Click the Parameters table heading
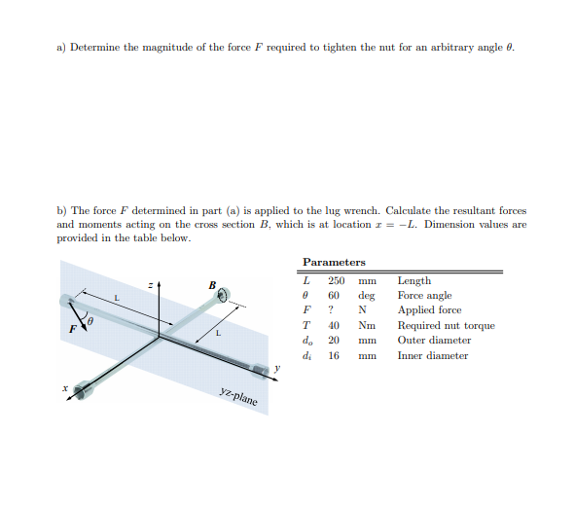click(x=334, y=263)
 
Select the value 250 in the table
click(x=334, y=281)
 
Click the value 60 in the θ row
click(x=333, y=296)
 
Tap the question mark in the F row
click(x=332, y=310)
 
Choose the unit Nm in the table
click(x=367, y=326)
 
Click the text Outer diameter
click(x=434, y=341)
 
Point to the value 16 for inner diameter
click(x=333, y=355)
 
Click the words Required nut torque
click(x=446, y=326)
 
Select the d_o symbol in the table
click(x=307, y=341)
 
